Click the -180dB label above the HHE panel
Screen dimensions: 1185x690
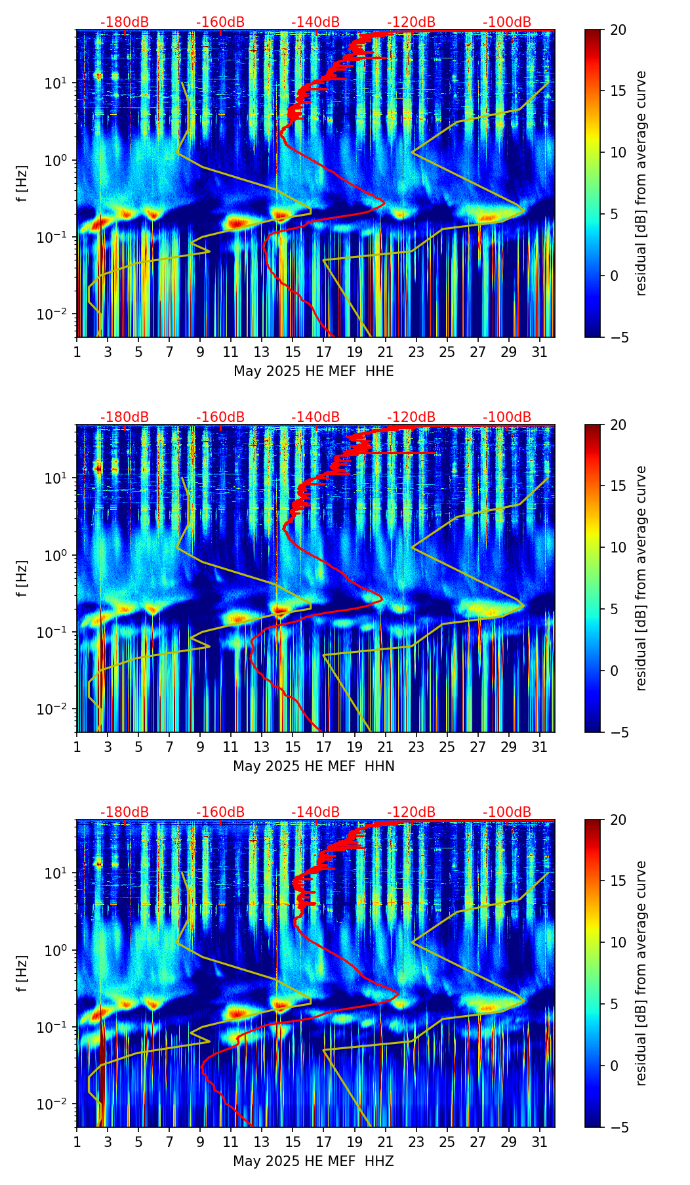125,22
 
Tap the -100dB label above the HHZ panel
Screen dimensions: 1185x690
507,812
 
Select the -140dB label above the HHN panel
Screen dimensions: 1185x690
315,417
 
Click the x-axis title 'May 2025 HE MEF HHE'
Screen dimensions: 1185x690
314,371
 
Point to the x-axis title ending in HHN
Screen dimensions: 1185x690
314,766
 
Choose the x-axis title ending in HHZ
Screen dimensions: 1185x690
314,1161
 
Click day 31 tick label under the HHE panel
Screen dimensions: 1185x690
540,352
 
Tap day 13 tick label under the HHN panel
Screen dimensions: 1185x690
262,747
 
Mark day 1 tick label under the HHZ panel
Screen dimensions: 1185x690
77,1142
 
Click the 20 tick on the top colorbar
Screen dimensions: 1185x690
618,30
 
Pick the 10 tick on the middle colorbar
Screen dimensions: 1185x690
618,547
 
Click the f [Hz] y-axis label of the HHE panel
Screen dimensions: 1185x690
23,184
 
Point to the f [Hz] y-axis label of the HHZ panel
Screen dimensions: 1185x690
23,974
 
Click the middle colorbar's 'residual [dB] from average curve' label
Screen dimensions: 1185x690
641,578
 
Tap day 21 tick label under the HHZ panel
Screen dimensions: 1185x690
385,1142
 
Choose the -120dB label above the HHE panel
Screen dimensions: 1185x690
411,22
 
